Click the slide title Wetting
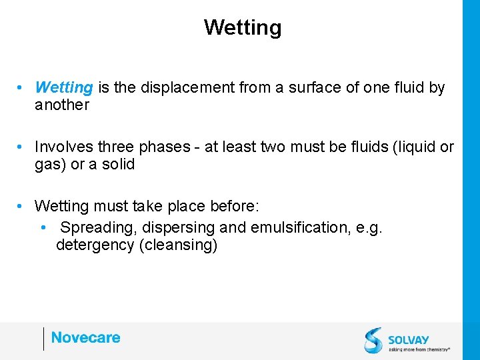[x=243, y=28]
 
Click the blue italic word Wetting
[x=63, y=88]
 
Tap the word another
[x=62, y=105]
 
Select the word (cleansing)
[x=179, y=245]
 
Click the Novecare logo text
[x=85, y=338]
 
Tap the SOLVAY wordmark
[x=408, y=339]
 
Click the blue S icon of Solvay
[x=374, y=340]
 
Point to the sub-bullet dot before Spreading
[x=43, y=228]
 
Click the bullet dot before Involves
[x=22, y=147]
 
